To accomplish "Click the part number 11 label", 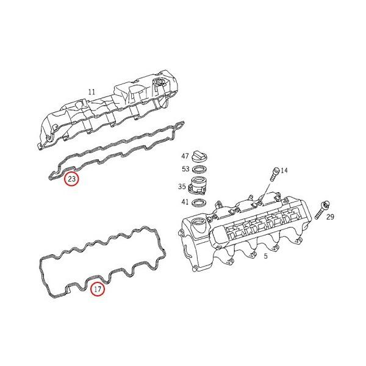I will pos(91,92).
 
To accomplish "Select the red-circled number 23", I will pos(71,179).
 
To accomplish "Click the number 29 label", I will pos(330,217).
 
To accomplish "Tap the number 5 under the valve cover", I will pos(265,256).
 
